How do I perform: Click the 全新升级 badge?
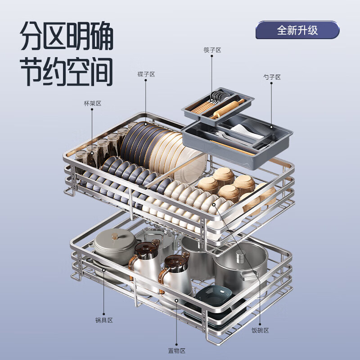point(297,30)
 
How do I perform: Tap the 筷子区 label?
point(212,50)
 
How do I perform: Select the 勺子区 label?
point(271,77)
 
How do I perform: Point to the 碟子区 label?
point(146,74)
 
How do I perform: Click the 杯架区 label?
point(92,103)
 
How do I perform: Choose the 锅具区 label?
point(103,320)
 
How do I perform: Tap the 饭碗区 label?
point(260,330)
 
